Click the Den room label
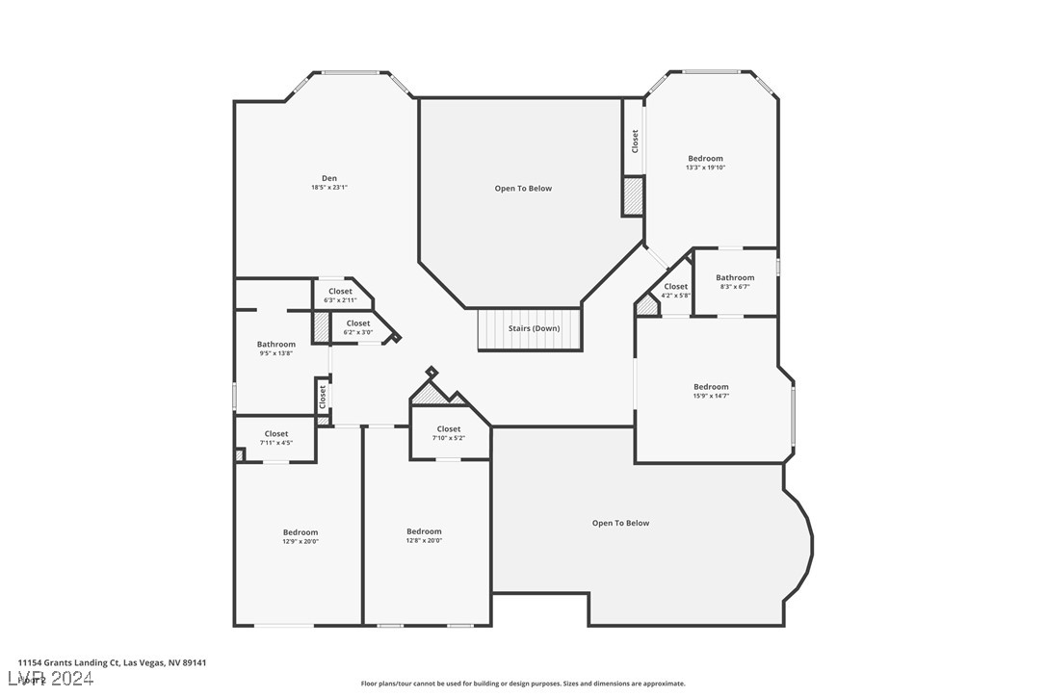point(329,178)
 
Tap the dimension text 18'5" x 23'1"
point(329,188)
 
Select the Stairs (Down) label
point(534,328)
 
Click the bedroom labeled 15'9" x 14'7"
point(711,391)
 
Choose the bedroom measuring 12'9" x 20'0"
point(301,536)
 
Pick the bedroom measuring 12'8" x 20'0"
point(424,535)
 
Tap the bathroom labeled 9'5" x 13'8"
point(276,348)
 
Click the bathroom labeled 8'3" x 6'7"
point(735,281)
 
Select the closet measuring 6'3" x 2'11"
point(340,295)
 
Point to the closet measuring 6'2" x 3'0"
point(358,327)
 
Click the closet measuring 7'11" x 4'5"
point(276,438)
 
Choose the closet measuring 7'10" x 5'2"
point(449,433)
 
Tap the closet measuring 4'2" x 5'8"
point(676,290)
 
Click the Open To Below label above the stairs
point(523,189)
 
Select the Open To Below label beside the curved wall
point(620,523)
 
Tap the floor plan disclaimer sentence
point(523,684)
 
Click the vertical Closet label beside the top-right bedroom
point(635,142)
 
